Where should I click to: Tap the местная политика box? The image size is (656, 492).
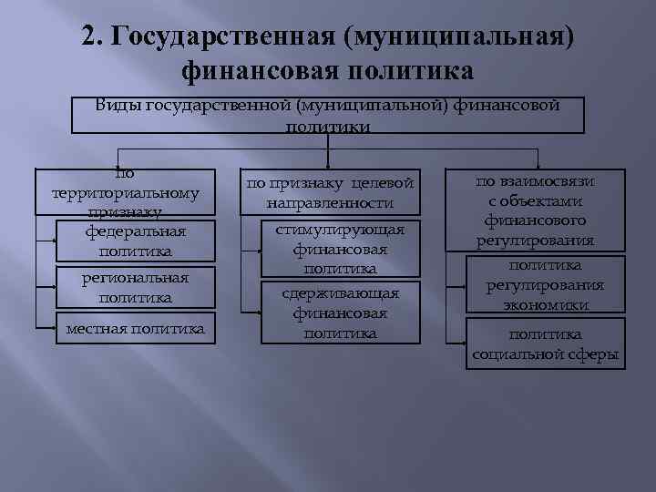[x=135, y=328]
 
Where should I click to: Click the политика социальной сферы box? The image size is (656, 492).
[x=545, y=343]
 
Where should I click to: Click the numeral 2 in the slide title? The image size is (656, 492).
[x=87, y=36]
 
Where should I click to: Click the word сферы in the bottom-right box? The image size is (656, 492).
[x=589, y=354]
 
